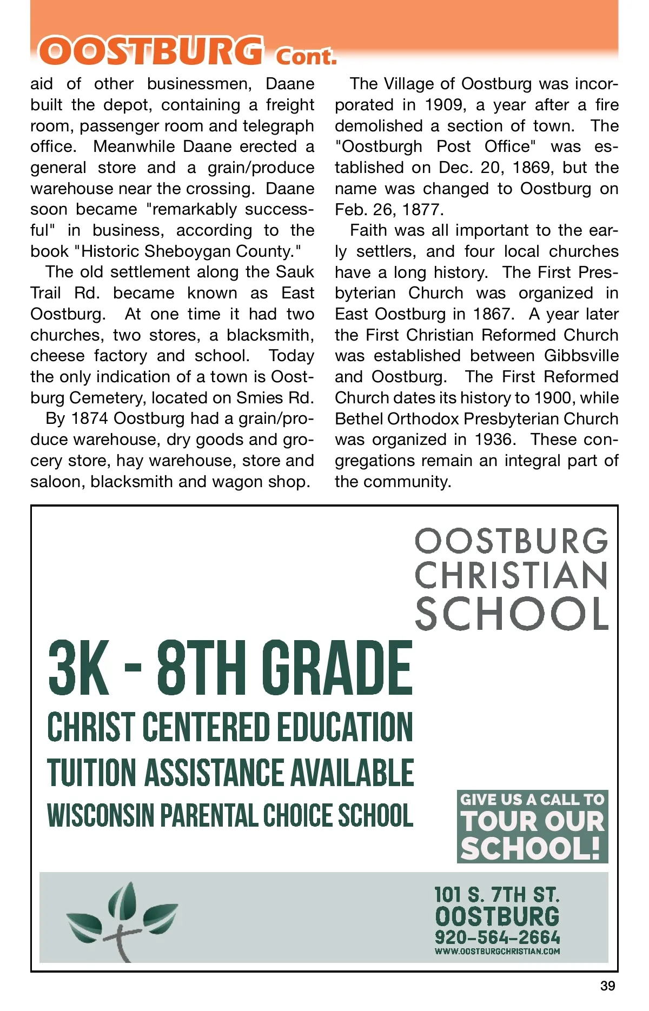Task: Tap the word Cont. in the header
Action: pos(306,56)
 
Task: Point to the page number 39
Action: pos(607,986)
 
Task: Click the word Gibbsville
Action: pos(581,356)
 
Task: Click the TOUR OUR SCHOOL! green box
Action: pos(532,827)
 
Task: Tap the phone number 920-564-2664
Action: pos(498,937)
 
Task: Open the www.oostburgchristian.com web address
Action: pos(498,952)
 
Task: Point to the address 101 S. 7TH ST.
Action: pos(498,895)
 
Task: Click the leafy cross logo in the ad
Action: pos(122,919)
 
